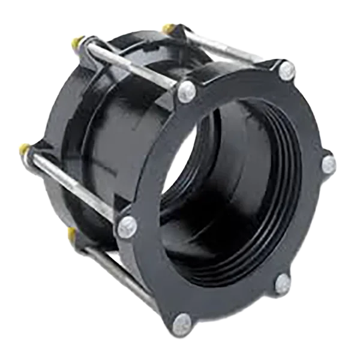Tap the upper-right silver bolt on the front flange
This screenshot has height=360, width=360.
(x=287, y=71)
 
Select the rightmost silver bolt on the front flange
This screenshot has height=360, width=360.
(x=328, y=164)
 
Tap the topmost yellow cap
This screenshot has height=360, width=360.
(x=166, y=28)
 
